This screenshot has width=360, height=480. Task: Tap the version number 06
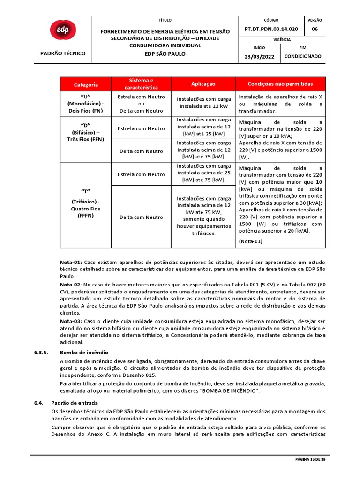point(315,29)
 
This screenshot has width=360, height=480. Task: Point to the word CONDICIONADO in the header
point(303,56)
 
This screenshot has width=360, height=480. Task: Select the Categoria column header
point(86,84)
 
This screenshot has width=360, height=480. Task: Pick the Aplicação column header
point(203,84)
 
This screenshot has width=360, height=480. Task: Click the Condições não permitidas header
point(280,84)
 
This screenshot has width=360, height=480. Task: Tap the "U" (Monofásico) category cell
point(86,104)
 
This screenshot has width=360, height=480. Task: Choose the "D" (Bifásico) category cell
point(86,132)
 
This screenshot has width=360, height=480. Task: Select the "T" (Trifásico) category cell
point(86,203)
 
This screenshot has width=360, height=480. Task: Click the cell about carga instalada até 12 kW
point(203,103)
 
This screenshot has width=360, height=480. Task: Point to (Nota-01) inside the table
point(250,241)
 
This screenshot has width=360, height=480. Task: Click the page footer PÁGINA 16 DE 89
point(312,460)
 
